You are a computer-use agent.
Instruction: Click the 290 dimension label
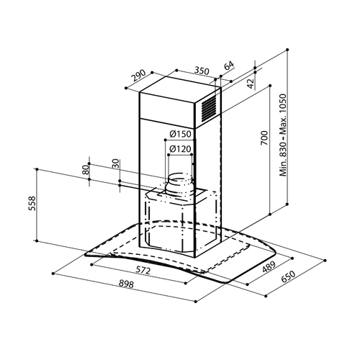[138, 76]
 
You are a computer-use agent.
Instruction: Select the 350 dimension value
[202, 71]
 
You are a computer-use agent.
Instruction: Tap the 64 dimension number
[229, 66]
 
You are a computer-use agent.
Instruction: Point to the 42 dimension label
[251, 84]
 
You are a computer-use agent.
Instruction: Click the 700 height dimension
[264, 138]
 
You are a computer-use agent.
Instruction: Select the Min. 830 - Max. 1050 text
[283, 135]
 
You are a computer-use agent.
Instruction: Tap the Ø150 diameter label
[180, 134]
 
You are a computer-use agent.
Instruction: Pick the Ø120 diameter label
[180, 149]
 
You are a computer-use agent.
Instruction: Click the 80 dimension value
[86, 170]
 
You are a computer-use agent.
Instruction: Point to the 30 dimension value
[116, 164]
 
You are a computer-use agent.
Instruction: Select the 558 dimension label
[32, 204]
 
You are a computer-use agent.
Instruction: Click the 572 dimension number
[143, 270]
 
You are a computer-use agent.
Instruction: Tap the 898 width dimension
[126, 284]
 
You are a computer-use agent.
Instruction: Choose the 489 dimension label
[269, 267]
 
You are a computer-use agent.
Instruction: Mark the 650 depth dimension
[288, 277]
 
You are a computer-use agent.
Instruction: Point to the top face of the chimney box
[180, 91]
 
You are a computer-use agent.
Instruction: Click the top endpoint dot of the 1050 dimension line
[287, 50]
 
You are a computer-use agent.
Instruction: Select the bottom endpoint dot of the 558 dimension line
[37, 240]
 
